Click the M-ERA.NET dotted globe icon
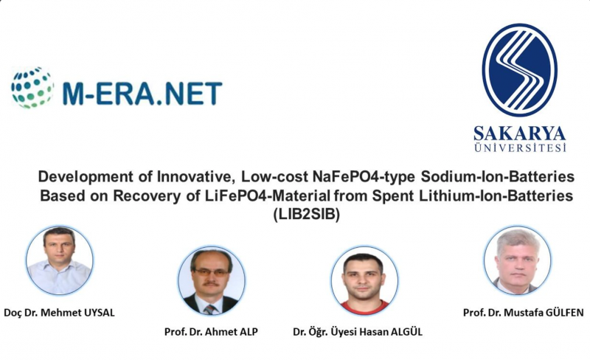tap(32, 88)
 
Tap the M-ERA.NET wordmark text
tap(142, 93)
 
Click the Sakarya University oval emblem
tap(520, 69)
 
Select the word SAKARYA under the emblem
tap(520, 134)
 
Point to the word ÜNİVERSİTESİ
tap(520, 148)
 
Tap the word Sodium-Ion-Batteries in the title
tap(497, 176)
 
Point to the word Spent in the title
tap(390, 196)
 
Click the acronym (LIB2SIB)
tap(306, 215)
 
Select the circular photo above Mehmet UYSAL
tap(60, 260)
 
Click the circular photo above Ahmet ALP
tap(212, 280)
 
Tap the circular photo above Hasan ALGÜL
tap(364, 280)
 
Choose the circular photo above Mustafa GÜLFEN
tap(518, 260)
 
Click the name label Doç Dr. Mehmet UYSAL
tap(59, 313)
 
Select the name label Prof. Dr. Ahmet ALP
tap(211, 332)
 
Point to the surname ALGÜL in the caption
tap(407, 331)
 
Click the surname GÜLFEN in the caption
tap(564, 312)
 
